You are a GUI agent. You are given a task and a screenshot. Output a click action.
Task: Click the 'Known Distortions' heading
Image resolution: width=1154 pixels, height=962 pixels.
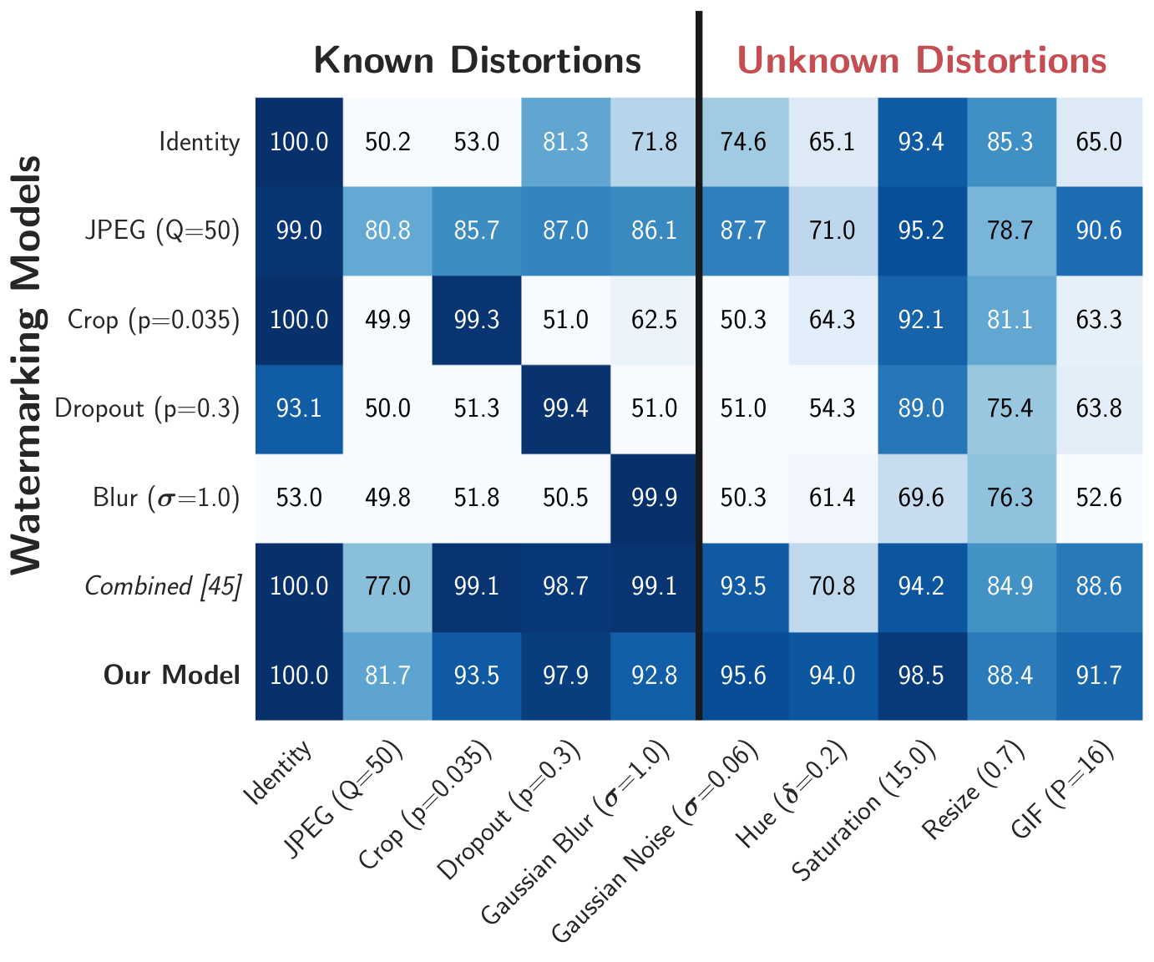(x=477, y=60)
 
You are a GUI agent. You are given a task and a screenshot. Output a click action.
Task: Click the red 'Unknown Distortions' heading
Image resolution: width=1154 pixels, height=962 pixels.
(x=921, y=60)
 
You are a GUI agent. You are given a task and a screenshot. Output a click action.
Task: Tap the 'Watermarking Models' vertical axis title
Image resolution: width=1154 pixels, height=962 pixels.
(x=26, y=365)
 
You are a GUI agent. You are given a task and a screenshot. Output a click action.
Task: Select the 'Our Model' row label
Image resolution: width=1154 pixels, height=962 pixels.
(x=171, y=675)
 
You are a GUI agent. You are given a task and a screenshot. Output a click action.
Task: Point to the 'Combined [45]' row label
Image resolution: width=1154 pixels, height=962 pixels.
(x=163, y=586)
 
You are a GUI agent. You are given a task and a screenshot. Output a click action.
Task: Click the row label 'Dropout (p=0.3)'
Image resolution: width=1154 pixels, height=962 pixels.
(x=147, y=408)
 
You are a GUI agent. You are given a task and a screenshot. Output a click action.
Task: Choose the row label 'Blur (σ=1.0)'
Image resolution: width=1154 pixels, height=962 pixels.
(x=166, y=498)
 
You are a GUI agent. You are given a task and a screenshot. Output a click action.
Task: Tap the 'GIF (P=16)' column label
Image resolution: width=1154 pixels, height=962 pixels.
(x=1061, y=790)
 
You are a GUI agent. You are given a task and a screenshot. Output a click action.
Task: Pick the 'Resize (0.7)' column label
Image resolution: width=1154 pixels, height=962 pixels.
(x=974, y=790)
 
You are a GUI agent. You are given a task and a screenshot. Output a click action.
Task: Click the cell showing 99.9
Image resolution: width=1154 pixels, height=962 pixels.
(x=654, y=499)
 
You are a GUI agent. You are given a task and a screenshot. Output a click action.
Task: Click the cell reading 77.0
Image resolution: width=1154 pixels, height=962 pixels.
(x=387, y=587)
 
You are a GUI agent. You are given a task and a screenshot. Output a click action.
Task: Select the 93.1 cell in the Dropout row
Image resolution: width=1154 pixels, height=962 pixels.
(x=299, y=409)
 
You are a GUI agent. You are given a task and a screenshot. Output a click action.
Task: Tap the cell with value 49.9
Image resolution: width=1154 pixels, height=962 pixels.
(x=387, y=320)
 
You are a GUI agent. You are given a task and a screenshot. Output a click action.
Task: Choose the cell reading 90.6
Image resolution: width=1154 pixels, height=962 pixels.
(x=1099, y=231)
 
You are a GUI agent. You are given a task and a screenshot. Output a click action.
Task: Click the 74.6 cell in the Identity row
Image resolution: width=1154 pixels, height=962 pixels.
(x=744, y=142)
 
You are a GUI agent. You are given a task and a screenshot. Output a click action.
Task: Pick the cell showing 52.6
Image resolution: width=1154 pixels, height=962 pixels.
(x=1099, y=499)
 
